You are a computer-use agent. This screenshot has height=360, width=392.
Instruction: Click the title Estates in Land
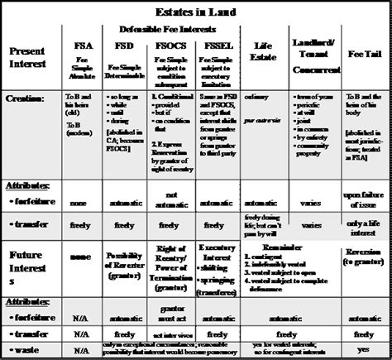[195, 11]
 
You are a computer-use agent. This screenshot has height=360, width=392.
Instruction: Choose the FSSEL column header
[215, 47]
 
